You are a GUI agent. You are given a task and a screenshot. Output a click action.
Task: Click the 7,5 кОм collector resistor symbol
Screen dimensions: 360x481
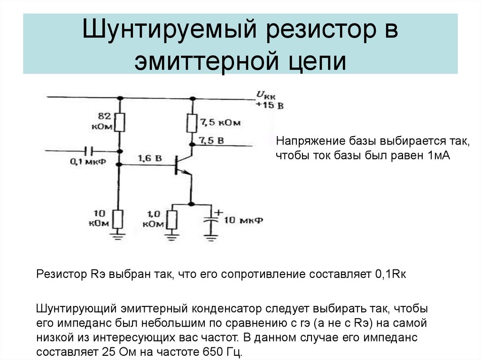click(x=192, y=123)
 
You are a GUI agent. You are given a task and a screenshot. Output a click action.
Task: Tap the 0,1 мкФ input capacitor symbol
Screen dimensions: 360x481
click(x=88, y=151)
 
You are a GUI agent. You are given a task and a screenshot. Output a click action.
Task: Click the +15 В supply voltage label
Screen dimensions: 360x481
click(x=269, y=106)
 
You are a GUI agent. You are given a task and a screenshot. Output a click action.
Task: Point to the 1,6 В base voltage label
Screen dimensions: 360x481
click(x=149, y=159)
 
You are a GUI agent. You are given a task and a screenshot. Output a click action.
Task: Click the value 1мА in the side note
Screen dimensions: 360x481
click(x=439, y=156)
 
